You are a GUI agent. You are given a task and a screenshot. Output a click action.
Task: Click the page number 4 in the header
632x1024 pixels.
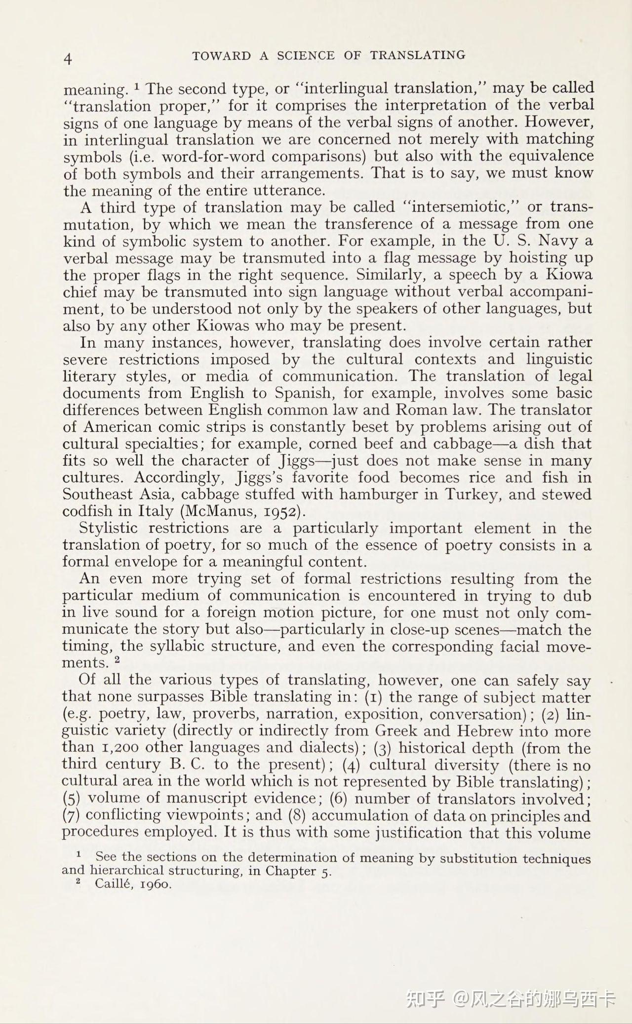(69, 59)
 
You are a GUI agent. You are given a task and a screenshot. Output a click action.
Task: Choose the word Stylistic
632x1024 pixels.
(109, 528)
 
